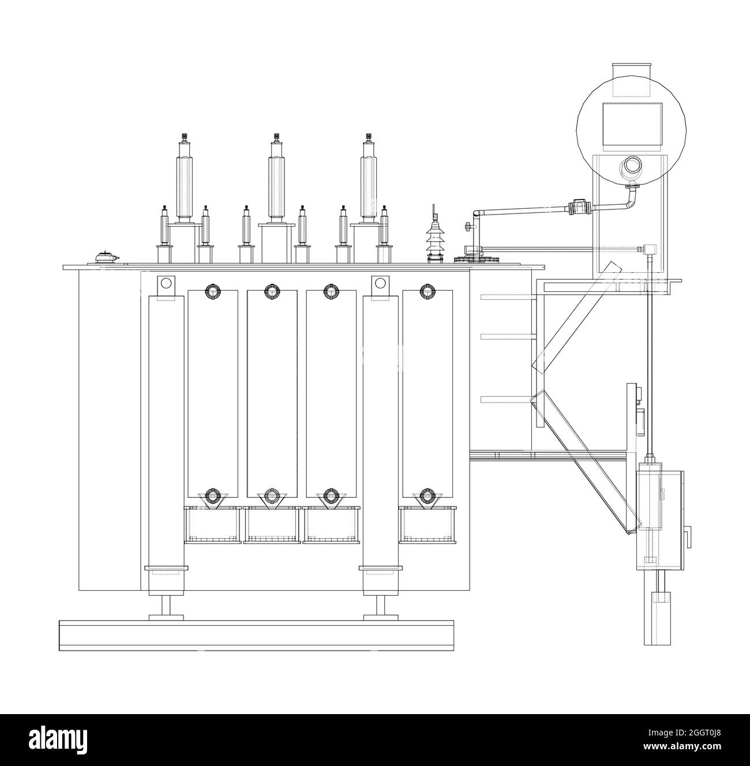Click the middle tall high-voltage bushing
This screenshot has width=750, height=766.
(276, 182)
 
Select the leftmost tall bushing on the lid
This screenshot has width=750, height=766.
(185, 182)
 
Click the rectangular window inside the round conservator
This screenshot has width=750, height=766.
(632, 125)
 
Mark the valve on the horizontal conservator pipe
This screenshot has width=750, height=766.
(579, 207)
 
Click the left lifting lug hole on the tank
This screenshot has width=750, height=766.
(166, 283)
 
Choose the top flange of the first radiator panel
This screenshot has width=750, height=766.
(213, 291)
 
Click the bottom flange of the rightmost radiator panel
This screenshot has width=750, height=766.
(426, 496)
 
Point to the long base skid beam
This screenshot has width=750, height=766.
(257, 635)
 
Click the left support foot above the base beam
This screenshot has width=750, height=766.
(166, 609)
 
